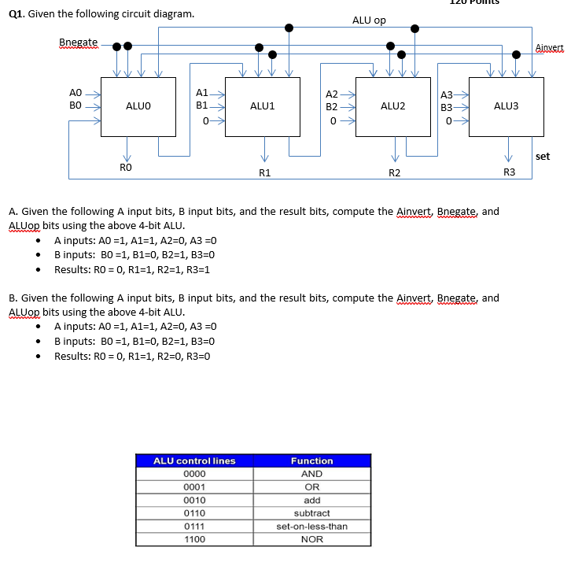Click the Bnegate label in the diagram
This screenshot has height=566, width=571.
[x=79, y=42]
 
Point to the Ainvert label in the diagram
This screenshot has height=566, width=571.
[x=549, y=47]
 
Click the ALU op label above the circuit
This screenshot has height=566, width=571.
[x=369, y=20]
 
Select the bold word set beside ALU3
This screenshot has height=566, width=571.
[x=542, y=156]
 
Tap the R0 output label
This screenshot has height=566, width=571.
[x=126, y=167]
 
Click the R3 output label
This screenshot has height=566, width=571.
[x=509, y=172]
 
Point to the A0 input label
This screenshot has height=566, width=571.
[x=76, y=92]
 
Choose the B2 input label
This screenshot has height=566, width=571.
[x=331, y=106]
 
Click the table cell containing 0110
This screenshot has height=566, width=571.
[x=194, y=512]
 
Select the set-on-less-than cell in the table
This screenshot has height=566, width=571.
[x=311, y=526]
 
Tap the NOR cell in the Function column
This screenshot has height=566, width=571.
[x=311, y=539]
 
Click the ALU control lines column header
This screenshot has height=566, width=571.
[x=194, y=461]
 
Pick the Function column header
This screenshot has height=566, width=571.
[x=311, y=461]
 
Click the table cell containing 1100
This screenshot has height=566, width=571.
[x=194, y=539]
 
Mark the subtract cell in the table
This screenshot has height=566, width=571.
[x=311, y=512]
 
